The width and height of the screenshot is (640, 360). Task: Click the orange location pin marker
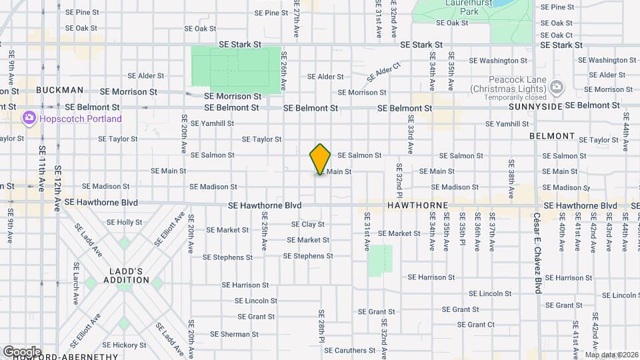(x=320, y=159)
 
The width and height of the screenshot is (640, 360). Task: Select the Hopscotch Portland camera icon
(x=29, y=119)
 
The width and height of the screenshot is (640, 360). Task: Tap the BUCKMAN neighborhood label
(x=60, y=90)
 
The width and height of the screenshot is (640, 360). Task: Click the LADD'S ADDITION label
(x=126, y=275)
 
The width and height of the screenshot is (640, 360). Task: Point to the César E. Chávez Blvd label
(x=537, y=253)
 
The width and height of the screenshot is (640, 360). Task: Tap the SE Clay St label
(x=308, y=224)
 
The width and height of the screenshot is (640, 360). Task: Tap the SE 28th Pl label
(x=321, y=326)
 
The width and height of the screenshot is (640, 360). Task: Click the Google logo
(x=22, y=351)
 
